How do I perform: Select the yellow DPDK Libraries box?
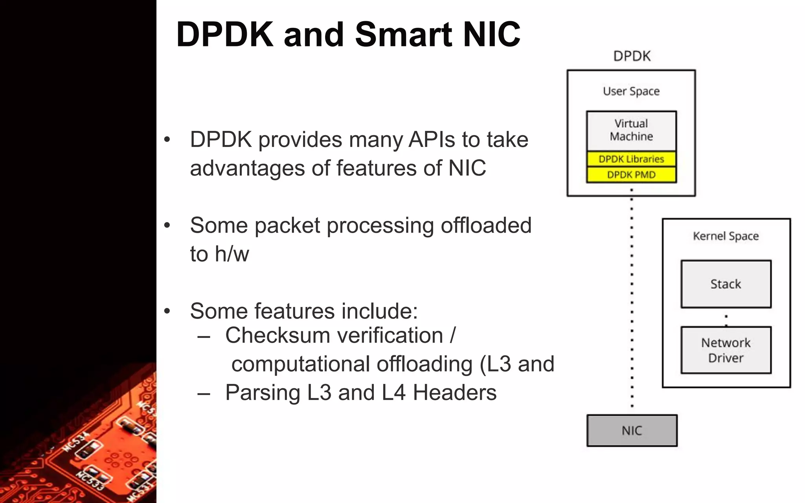pyautogui.click(x=631, y=159)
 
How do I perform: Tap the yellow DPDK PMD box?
pyautogui.click(x=631, y=175)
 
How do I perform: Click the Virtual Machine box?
pyautogui.click(x=631, y=130)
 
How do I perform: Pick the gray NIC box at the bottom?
pyautogui.click(x=632, y=431)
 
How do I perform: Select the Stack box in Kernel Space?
pyautogui.click(x=726, y=284)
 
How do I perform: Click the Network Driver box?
pyautogui.click(x=726, y=350)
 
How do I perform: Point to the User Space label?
pyautogui.click(x=631, y=91)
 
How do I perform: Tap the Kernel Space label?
pyautogui.click(x=726, y=236)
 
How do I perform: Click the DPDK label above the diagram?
pyautogui.click(x=632, y=56)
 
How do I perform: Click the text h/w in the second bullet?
pyautogui.click(x=232, y=254)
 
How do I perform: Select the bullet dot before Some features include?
pyautogui.click(x=167, y=311)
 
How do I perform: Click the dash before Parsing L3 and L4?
pyautogui.click(x=204, y=393)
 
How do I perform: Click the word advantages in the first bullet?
pyautogui.click(x=248, y=168)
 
